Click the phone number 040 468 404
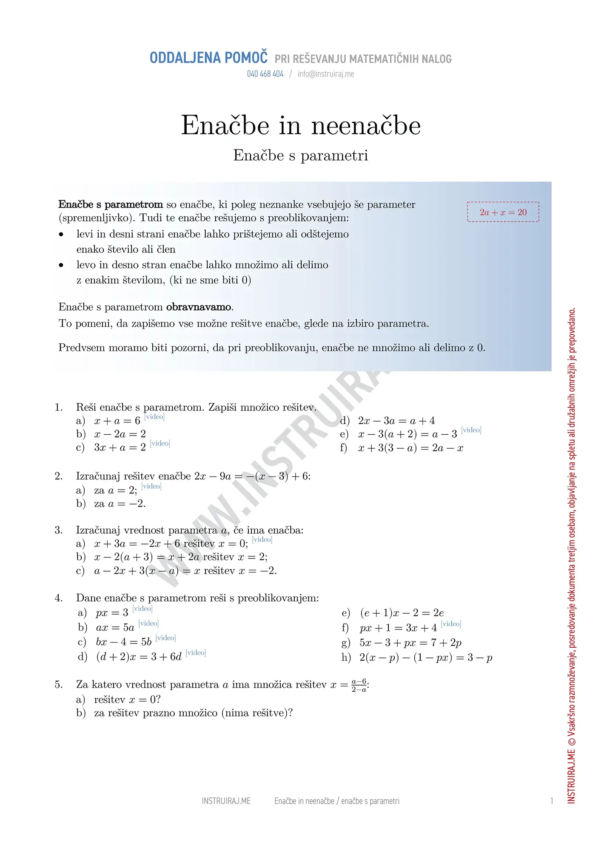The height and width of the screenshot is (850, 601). [x=265, y=74]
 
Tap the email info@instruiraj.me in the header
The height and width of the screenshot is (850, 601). [x=326, y=74]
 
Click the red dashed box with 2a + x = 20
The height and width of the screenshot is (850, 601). [x=503, y=212]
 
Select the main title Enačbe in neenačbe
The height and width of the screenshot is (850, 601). [x=301, y=125]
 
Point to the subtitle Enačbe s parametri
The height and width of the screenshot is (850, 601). [x=301, y=156]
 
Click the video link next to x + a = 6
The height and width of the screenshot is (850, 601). [x=154, y=416]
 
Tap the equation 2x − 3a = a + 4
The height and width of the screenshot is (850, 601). [x=396, y=421]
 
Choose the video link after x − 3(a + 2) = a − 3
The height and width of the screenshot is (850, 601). [x=471, y=430]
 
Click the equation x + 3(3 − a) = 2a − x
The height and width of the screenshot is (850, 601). [x=410, y=448]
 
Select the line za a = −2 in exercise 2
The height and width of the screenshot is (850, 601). [x=120, y=504]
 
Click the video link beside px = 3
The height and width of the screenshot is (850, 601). [x=142, y=609]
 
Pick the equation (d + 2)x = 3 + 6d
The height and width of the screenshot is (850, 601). [x=139, y=657]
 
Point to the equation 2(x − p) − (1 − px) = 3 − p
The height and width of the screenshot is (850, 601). [x=426, y=658]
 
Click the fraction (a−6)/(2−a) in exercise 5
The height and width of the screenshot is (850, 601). [x=359, y=686]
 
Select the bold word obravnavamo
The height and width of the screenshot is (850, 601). [x=199, y=307]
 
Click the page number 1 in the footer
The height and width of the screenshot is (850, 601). [x=552, y=801]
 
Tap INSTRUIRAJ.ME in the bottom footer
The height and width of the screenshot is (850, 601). [x=226, y=801]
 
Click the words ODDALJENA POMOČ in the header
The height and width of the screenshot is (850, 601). [x=208, y=58]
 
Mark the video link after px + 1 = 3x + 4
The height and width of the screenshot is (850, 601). [x=451, y=624]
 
